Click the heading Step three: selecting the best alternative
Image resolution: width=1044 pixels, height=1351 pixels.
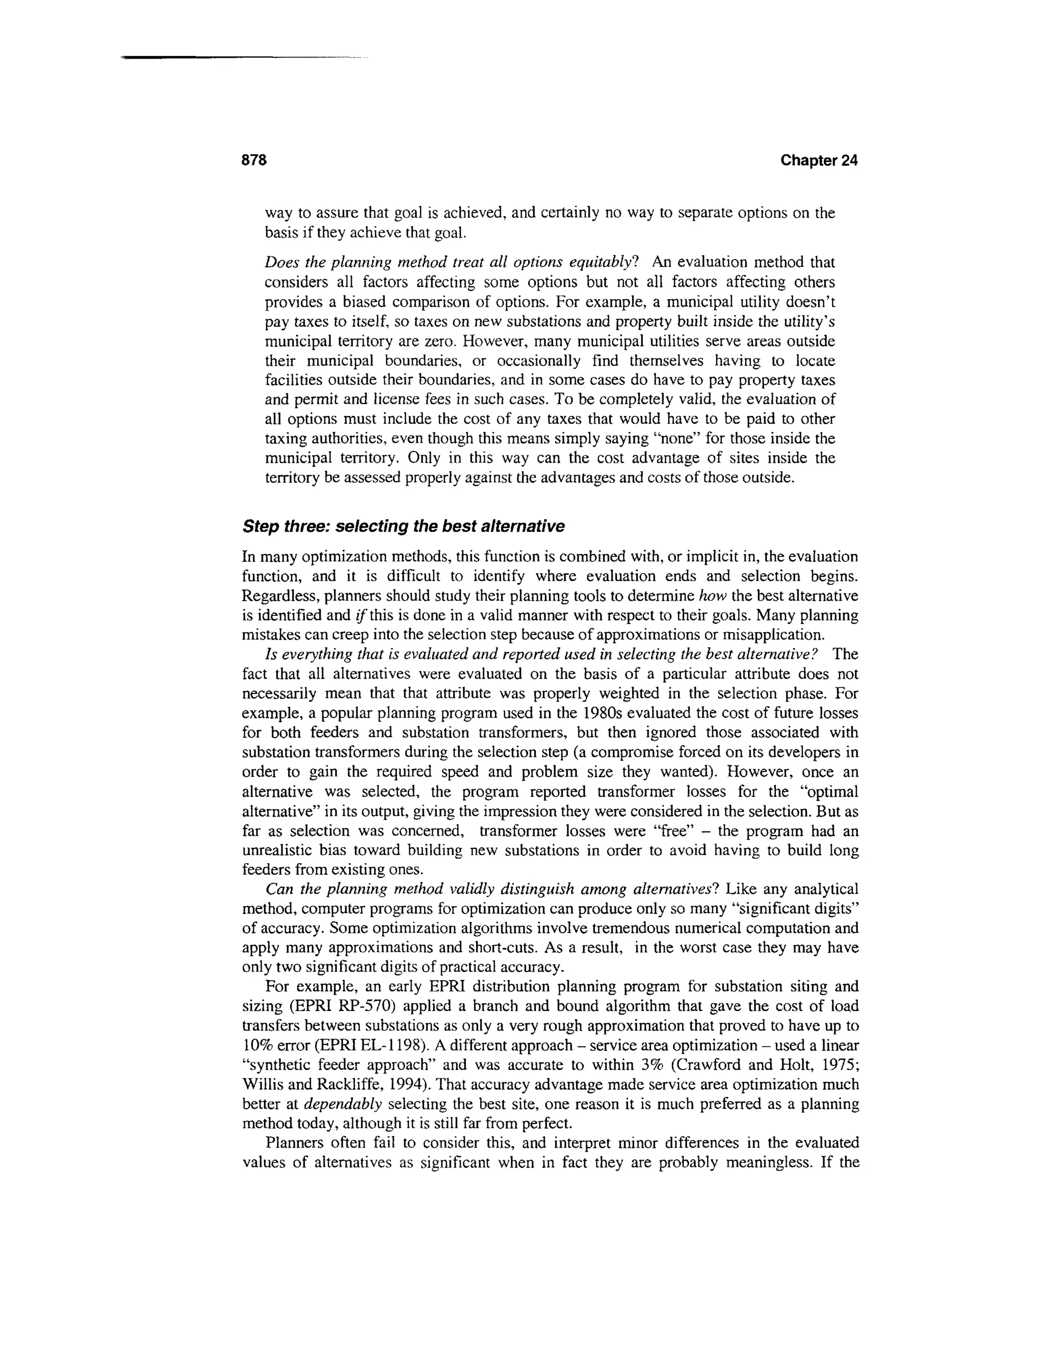[x=403, y=527]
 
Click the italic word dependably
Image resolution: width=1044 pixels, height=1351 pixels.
[x=343, y=1104]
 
